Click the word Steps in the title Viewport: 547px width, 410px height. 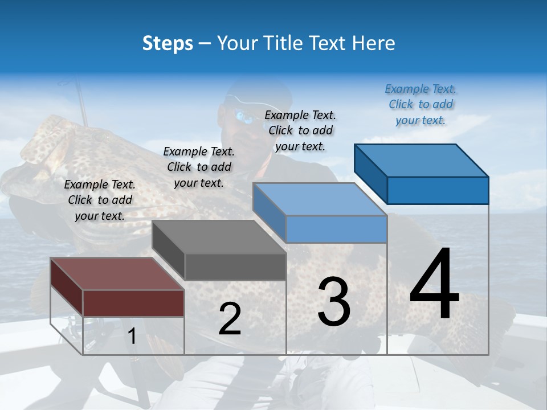[x=168, y=43]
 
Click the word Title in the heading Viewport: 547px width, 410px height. [x=285, y=43]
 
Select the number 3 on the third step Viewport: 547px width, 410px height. [x=334, y=301]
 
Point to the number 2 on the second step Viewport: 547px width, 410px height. [x=230, y=319]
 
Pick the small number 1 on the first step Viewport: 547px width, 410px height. [x=132, y=337]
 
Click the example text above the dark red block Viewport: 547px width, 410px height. [x=100, y=200]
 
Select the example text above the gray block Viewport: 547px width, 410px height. [x=199, y=167]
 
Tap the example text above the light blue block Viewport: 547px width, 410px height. [x=300, y=130]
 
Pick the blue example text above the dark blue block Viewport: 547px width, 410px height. [x=421, y=104]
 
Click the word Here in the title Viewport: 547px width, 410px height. [x=374, y=43]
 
